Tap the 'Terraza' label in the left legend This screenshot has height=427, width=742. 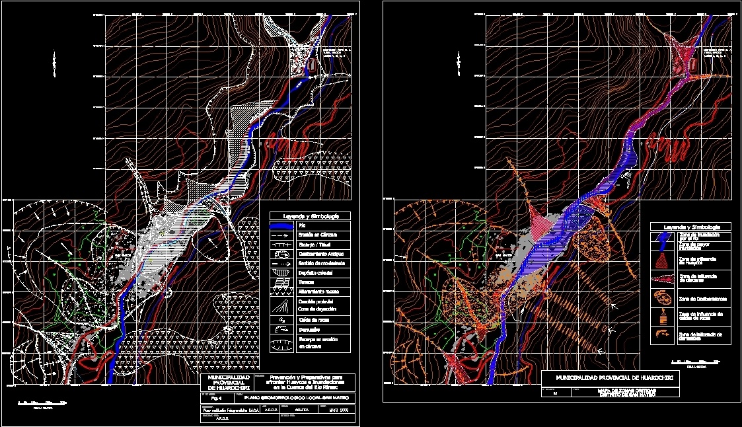[305, 282]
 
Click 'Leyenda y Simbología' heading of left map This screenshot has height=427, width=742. [311, 216]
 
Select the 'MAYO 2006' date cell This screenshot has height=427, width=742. [337, 409]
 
